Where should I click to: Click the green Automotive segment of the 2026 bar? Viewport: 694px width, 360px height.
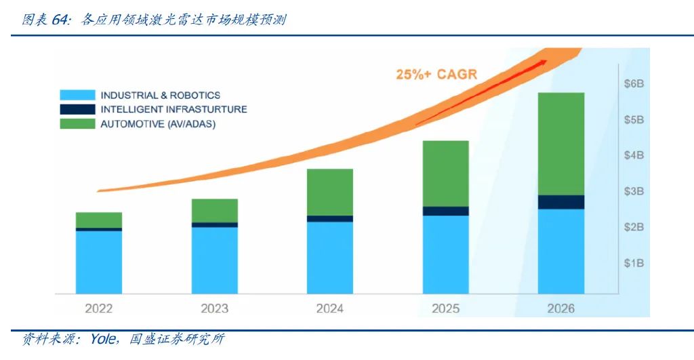click(x=560, y=144)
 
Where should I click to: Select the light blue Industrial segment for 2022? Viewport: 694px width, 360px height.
click(x=99, y=262)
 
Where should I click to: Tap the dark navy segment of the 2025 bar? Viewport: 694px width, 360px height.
click(x=445, y=211)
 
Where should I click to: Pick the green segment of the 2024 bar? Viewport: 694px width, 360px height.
click(x=329, y=192)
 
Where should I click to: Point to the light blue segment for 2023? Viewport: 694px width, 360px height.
click(x=214, y=260)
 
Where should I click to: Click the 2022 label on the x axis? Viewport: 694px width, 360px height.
click(x=99, y=308)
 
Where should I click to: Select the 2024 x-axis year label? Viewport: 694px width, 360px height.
click(x=330, y=308)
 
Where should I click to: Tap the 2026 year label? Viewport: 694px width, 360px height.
click(x=560, y=308)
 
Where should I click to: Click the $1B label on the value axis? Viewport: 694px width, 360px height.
click(x=634, y=263)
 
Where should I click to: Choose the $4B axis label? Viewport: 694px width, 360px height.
click(x=634, y=155)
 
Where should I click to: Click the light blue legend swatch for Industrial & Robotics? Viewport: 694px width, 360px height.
click(x=77, y=96)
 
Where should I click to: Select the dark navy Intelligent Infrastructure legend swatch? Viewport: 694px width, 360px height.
click(x=77, y=109)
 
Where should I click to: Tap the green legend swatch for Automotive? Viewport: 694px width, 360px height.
click(x=77, y=124)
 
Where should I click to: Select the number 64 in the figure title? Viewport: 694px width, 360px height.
click(x=60, y=20)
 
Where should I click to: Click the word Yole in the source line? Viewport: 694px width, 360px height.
click(x=104, y=339)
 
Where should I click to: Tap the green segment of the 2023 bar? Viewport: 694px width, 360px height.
click(x=214, y=210)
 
